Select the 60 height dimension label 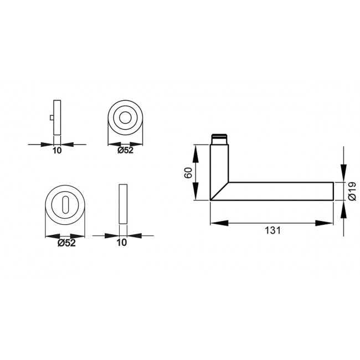tap(187, 172)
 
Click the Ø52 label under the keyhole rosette tap(66, 242)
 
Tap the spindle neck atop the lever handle tap(219, 138)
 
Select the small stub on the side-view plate tap(52, 118)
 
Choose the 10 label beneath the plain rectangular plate tap(122, 242)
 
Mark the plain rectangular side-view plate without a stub tap(123, 203)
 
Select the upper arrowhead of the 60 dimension tap(194, 150)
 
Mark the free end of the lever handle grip tap(332, 191)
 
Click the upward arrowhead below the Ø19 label tap(343, 208)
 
